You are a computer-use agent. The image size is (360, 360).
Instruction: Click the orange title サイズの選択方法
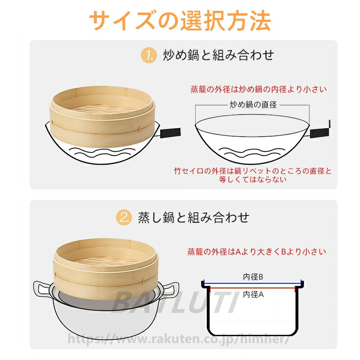[x=180, y=21]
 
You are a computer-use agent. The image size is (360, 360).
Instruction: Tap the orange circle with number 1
[x=149, y=55]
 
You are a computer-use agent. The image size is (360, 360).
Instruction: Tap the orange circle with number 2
[x=124, y=217]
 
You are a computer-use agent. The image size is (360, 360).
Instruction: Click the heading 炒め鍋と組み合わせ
[x=218, y=55]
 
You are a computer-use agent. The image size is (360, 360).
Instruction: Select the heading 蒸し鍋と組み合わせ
[x=193, y=217]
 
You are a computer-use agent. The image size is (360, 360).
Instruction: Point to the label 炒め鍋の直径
[x=253, y=105]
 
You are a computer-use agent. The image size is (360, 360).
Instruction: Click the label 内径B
[x=253, y=277]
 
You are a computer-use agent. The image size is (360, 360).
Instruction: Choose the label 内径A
[x=253, y=294]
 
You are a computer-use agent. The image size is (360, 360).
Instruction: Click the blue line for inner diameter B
[x=252, y=283]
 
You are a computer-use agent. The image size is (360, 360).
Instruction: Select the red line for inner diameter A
[x=252, y=288]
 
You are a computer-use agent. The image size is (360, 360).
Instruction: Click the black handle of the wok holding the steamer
[x=170, y=133]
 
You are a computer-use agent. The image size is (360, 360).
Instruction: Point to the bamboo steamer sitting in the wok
[x=102, y=117]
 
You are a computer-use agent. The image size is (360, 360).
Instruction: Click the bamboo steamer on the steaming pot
[x=106, y=269]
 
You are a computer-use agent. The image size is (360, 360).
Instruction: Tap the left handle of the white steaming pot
[x=42, y=290]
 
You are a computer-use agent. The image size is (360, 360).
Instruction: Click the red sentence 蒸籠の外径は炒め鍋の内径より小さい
[x=259, y=89]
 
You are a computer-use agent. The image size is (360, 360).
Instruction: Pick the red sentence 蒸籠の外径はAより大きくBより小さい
[x=256, y=252]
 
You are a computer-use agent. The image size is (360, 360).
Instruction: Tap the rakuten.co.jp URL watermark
[x=179, y=339]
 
